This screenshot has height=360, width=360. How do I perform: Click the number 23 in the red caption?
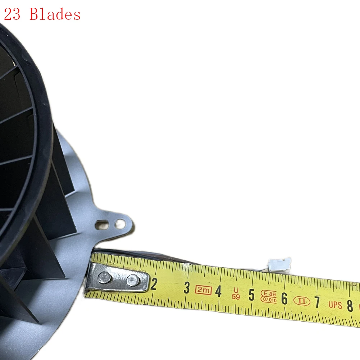tap(12, 14)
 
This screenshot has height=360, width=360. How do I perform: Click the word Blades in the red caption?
tap(55, 14)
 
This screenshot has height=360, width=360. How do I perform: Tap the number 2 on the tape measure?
tap(154, 284)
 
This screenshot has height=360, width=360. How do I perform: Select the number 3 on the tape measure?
tap(187, 288)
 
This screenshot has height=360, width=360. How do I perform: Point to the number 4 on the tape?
tap(218, 291)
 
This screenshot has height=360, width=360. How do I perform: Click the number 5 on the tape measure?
tap(252, 295)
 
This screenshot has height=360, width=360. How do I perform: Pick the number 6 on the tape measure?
tap(284, 299)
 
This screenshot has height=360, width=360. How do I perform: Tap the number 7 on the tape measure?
tap(317, 302)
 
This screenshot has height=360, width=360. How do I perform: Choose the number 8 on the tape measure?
tap(350, 306)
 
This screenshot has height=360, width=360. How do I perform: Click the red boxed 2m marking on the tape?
tap(203, 290)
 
